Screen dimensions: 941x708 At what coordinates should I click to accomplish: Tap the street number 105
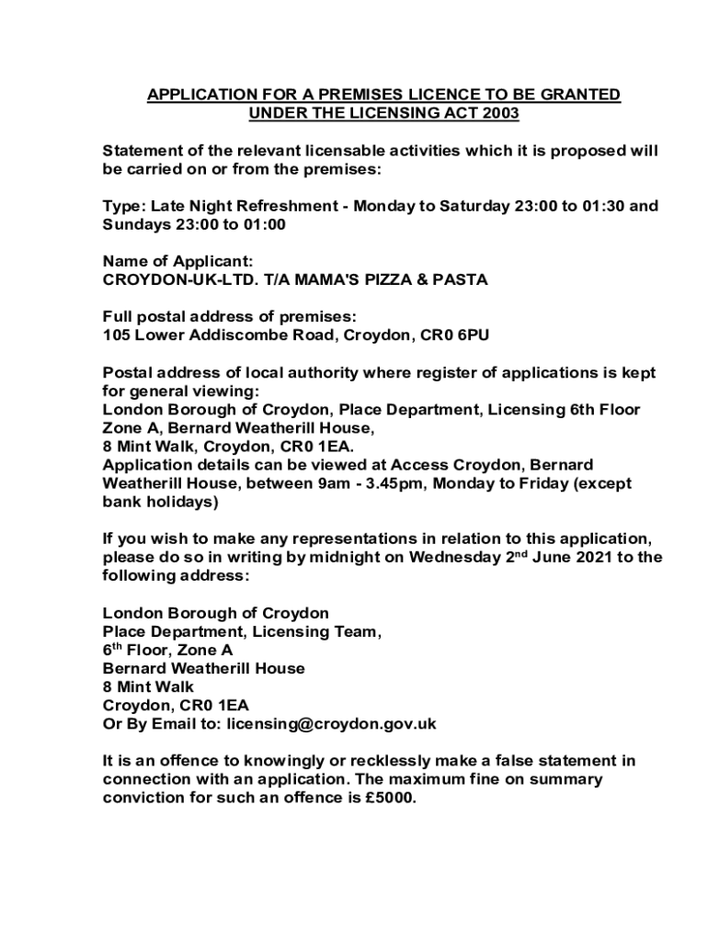pos(116,334)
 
